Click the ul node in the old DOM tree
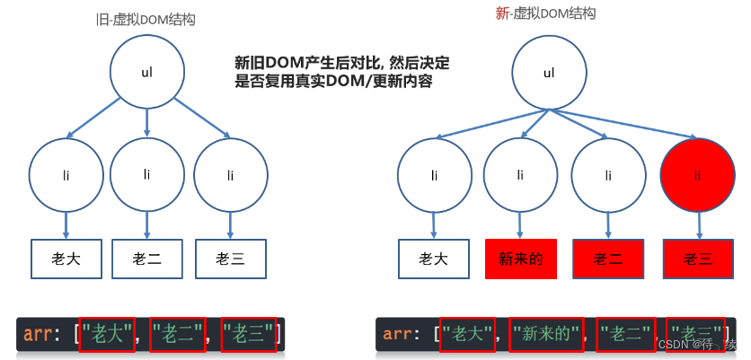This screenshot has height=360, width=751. (146, 72)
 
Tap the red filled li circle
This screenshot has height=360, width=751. (697, 174)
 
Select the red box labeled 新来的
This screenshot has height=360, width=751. (520, 259)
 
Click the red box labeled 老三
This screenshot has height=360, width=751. (698, 259)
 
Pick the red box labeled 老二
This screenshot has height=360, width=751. (608, 259)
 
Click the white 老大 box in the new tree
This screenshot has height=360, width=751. (434, 259)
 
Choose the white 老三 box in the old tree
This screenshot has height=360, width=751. (231, 259)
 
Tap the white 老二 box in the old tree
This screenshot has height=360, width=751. (147, 259)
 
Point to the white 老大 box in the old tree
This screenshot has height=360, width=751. (66, 259)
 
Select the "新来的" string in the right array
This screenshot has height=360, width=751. (546, 335)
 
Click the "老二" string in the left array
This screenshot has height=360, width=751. (178, 335)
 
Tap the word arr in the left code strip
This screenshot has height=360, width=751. (38, 335)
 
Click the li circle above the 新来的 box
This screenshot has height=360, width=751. (520, 174)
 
